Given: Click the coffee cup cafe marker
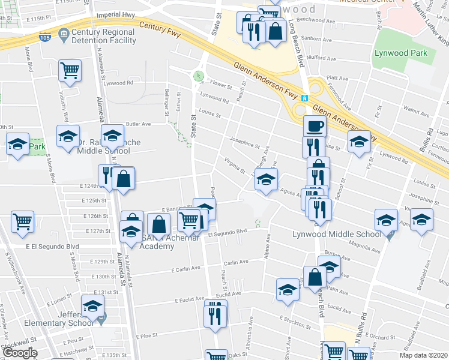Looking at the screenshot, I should pos(314,127).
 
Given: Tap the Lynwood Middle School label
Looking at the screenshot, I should pos(336,234).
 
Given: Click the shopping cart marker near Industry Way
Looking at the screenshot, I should pos(70,70).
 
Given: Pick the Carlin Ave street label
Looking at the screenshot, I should pos(236,262).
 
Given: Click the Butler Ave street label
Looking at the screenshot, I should pos(138,124).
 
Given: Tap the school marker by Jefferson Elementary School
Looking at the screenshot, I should pos(92,307).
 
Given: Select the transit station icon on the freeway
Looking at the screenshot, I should pos(305,98).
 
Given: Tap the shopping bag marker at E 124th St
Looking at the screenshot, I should pos(123,179).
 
